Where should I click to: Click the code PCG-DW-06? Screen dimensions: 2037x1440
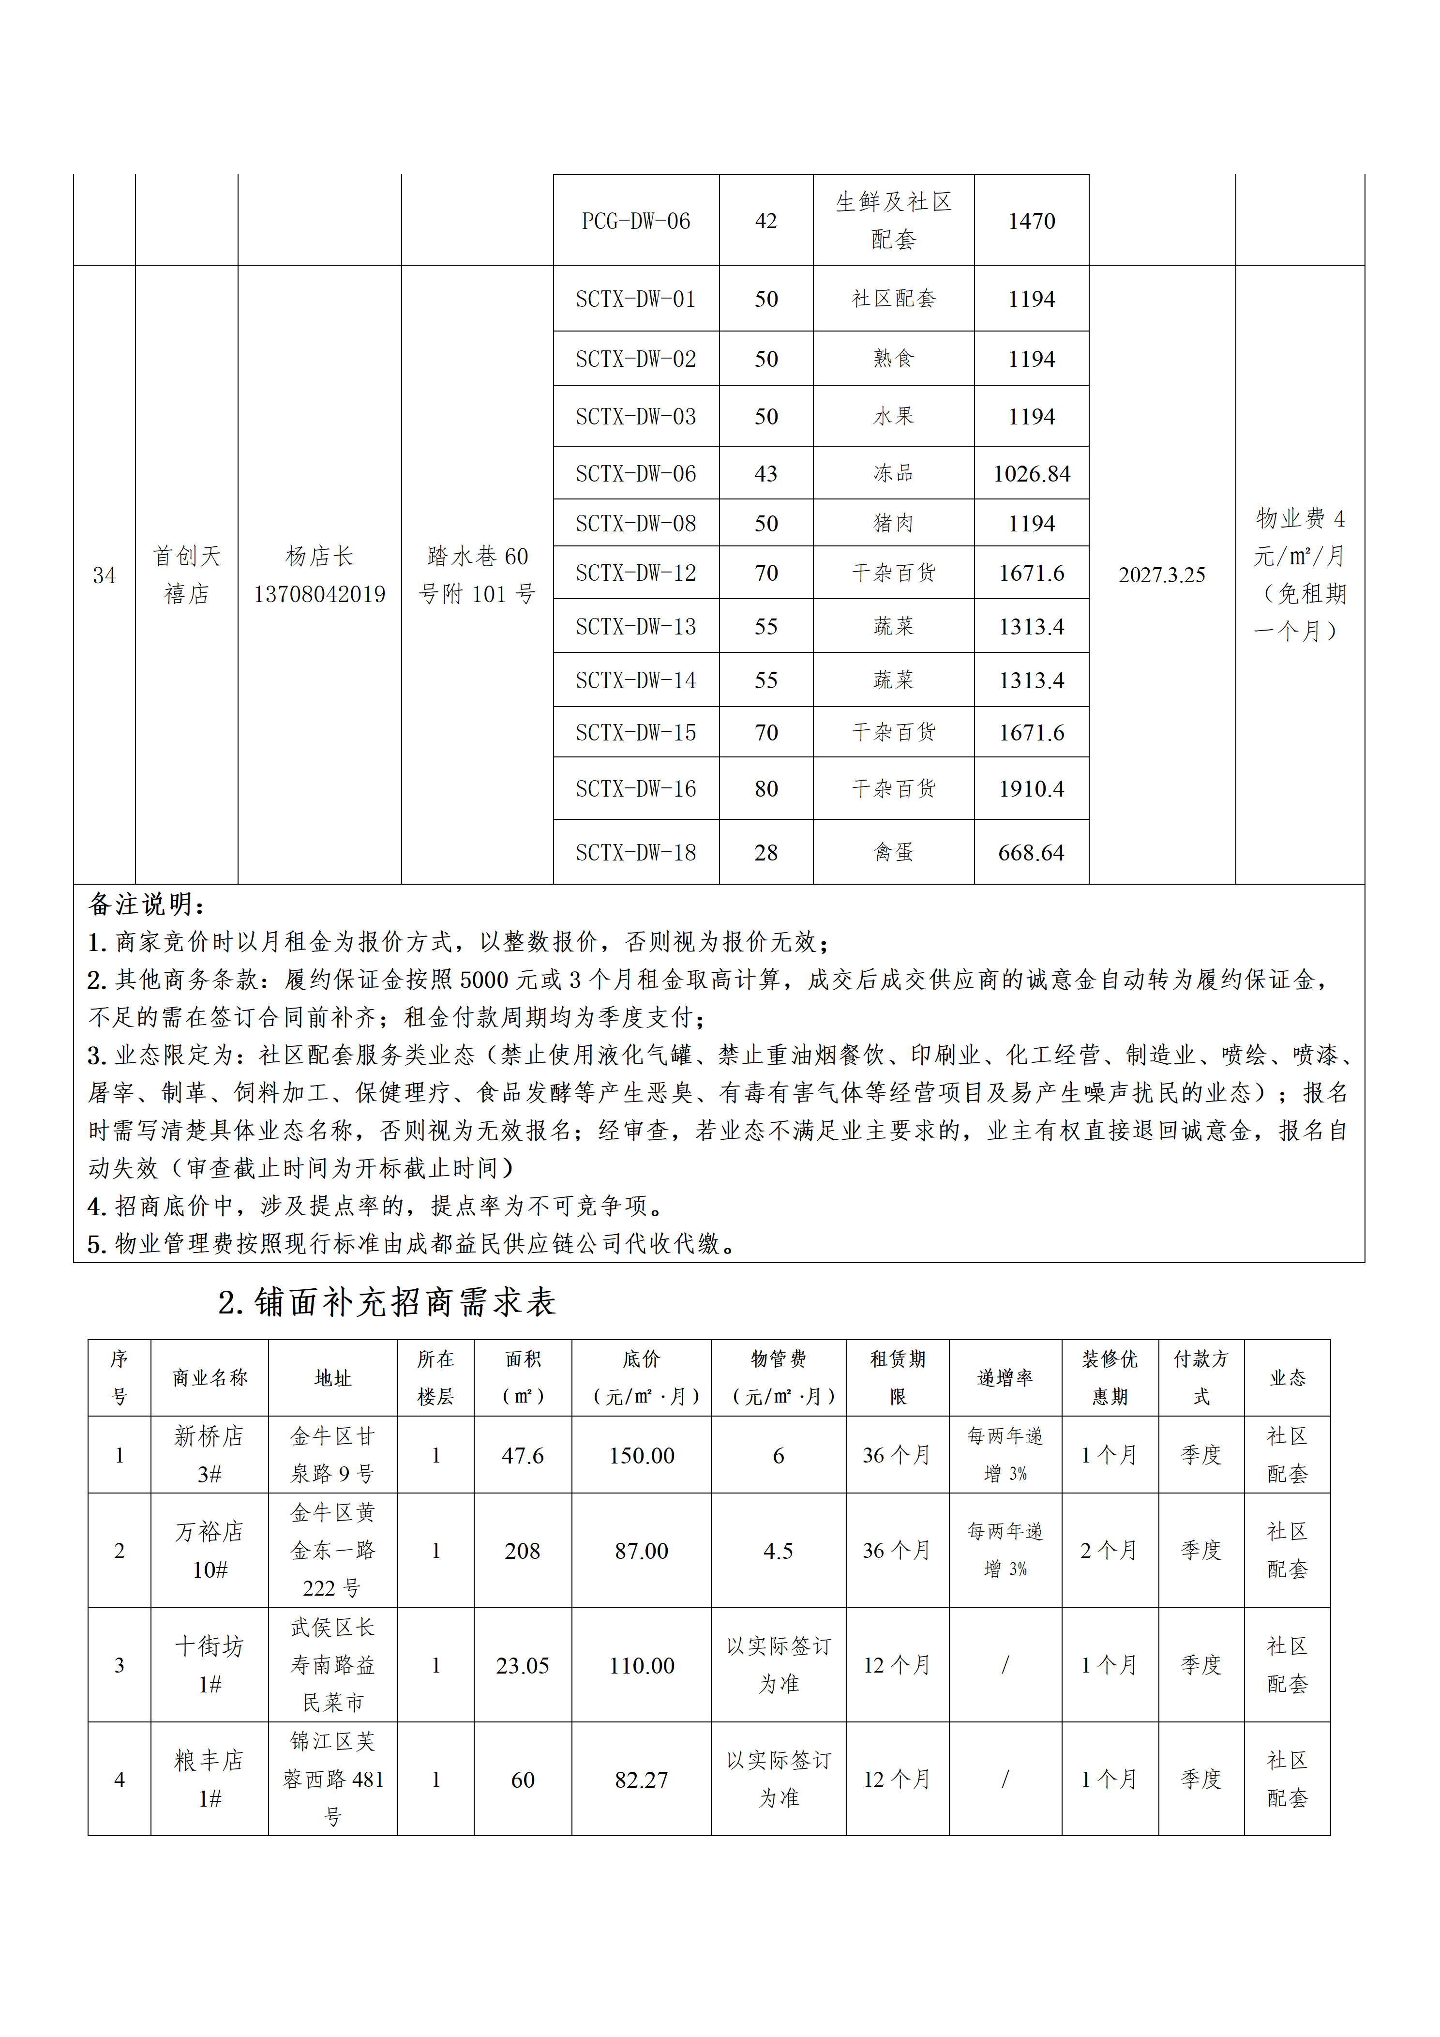pos(635,221)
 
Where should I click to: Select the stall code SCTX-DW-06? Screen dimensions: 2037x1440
pos(635,474)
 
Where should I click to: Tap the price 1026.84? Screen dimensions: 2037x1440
pos(1031,474)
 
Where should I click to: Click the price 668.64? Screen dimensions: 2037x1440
pos(1031,853)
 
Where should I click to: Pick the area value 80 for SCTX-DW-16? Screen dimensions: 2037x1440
pos(765,789)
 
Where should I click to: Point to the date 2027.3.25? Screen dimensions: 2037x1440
pos(1161,575)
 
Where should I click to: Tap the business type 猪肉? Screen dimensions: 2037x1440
pos(893,524)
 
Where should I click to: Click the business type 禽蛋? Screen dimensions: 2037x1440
pos(893,853)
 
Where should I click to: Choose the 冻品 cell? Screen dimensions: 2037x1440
pos(893,474)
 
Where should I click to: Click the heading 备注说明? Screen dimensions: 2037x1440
pos(147,905)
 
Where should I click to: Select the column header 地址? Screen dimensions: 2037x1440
pos(333,1378)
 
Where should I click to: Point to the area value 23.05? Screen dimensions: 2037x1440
pos(523,1665)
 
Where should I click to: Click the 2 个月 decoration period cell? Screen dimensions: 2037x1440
pos(1109,1551)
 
